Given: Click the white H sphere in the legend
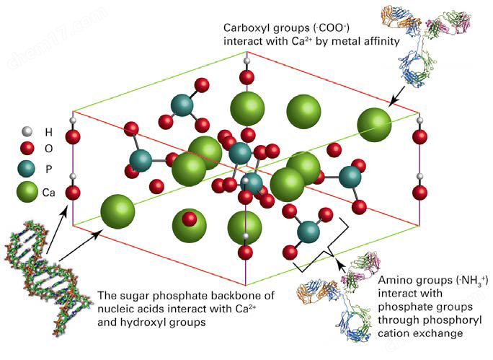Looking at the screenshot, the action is pos(27,131).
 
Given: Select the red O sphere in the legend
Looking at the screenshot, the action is pos(27,148).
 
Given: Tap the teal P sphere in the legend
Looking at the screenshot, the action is pos(26,169).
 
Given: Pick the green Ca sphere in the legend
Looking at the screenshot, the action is pos(27,192).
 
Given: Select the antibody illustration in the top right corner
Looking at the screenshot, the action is pos(426,44).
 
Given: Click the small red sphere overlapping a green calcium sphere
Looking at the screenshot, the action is pos(190,219).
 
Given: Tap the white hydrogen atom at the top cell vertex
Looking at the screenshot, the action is pos(246,61).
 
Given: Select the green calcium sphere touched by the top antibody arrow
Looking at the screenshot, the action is pos(375,125).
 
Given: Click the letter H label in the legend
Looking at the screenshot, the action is pos(49,132).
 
